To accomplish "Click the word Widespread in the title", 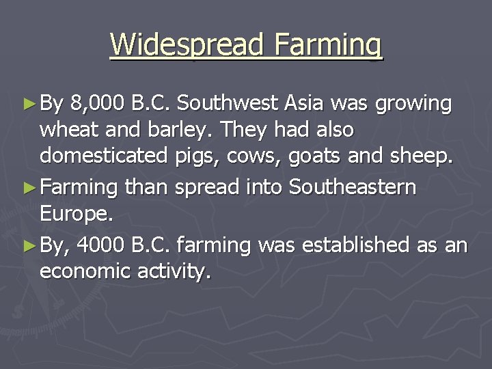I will point(187,45).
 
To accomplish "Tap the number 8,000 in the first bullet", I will point(97,104).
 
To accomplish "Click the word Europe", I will point(74,214).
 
